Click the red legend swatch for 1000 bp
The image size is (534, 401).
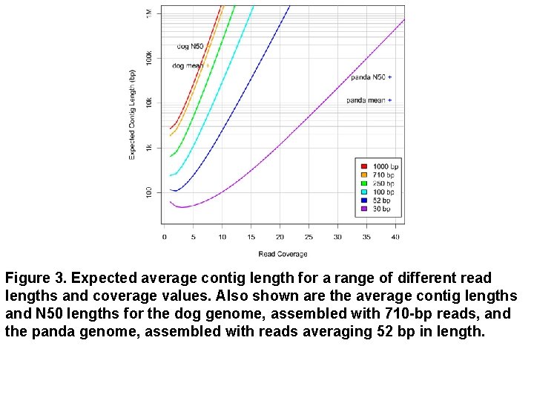click(364, 166)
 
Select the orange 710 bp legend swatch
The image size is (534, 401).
click(364, 175)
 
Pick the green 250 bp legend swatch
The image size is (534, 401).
click(364, 183)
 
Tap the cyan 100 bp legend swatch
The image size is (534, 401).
click(364, 192)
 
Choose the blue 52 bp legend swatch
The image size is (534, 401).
click(364, 200)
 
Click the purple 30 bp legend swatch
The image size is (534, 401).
click(364, 209)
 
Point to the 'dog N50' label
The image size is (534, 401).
click(190, 46)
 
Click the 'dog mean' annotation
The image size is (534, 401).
click(187, 66)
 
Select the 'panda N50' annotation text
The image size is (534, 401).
click(367, 77)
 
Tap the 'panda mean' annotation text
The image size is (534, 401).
click(366, 100)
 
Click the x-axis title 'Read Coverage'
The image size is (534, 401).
click(283, 254)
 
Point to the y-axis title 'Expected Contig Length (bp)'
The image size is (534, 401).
click(132, 114)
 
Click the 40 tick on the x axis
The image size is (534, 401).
click(395, 238)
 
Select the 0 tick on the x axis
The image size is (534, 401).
click(165, 238)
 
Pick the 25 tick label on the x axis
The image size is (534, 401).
click(309, 238)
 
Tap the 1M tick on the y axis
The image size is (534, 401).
click(149, 13)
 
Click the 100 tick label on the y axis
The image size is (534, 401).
click(149, 192)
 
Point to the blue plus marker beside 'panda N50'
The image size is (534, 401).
click(390, 77)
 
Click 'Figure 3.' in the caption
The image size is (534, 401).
click(36, 278)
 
